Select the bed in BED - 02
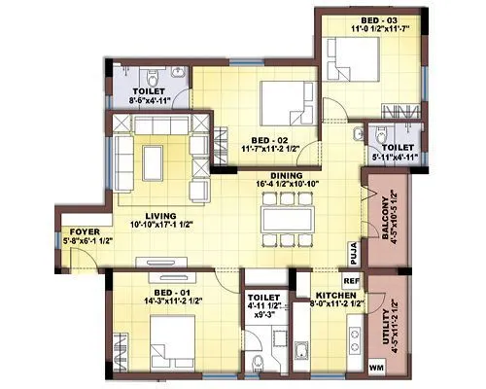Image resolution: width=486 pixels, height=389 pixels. (290, 98)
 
